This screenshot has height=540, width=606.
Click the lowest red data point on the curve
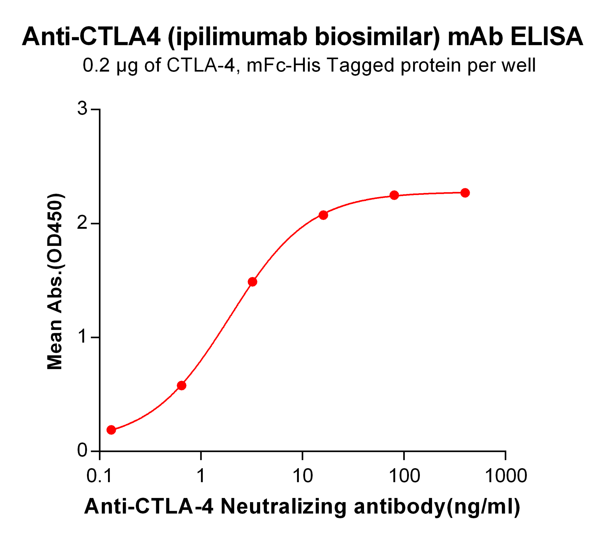pos(111,430)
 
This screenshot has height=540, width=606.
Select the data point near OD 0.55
pos(181,386)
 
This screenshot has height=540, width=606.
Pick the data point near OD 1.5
pos(252,282)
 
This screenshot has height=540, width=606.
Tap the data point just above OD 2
pos(323,215)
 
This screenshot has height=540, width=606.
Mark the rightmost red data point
pos(465,193)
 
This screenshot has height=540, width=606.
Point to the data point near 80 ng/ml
pos(394,195)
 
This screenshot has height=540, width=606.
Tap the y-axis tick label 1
pos(82,337)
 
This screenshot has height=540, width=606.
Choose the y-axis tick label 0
pos(82,450)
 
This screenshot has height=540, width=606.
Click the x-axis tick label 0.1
pos(99,476)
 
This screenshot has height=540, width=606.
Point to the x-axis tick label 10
pos(302,476)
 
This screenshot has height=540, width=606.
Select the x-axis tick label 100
pos(404,476)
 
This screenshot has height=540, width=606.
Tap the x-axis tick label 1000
pos(506,476)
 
